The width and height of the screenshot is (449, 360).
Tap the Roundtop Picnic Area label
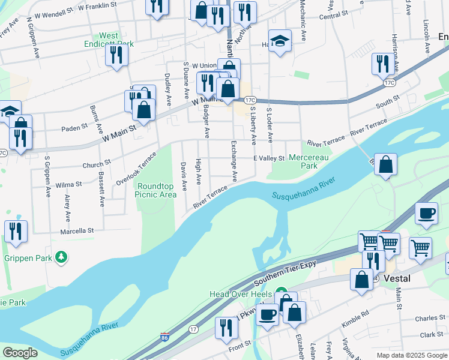(155, 190)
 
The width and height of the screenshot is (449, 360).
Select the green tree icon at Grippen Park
(61, 258)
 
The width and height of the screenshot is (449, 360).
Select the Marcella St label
(77, 230)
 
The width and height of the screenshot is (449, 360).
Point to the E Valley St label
(268, 158)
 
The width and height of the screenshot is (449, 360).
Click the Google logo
(20, 352)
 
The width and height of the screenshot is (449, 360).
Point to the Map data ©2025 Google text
(411, 355)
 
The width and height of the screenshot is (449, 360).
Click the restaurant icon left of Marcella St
(15, 232)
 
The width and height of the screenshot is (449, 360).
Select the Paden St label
(74, 127)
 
